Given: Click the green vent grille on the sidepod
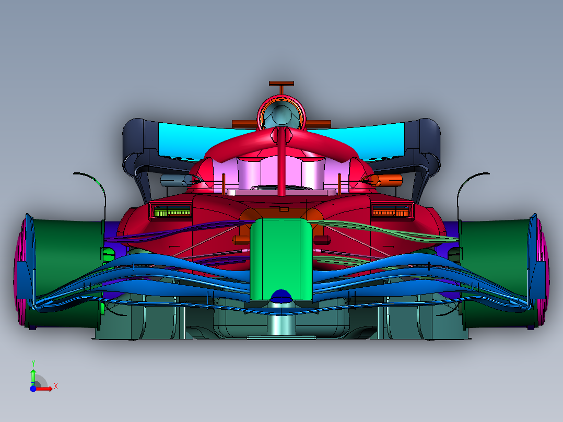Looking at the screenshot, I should pos(171,211).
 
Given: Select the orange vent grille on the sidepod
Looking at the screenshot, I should pos(390,211).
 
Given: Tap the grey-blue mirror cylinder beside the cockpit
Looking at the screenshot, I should pos(175,181).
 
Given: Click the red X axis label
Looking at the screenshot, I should pos(55,386).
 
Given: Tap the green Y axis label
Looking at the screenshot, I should pos(33,363).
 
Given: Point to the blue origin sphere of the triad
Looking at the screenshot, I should pos(33,389).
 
